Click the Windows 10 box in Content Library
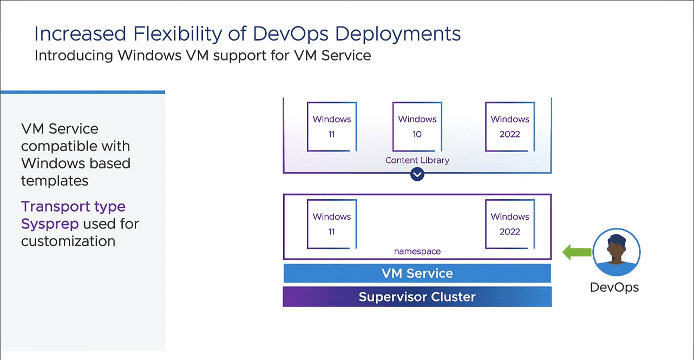[417, 126]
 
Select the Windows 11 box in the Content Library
[332, 126]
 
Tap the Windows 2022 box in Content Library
[510, 126]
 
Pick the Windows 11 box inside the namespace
[332, 224]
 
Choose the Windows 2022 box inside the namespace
[510, 224]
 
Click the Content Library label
[417, 160]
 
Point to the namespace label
[417, 251]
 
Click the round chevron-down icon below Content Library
[417, 174]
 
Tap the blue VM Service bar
[417, 273]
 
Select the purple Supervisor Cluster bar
[417, 297]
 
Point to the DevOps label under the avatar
[614, 287]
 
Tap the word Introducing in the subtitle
[74, 55]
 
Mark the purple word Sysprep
[50, 224]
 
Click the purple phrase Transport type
[73, 206]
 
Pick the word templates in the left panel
[55, 181]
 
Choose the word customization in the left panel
[68, 241]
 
